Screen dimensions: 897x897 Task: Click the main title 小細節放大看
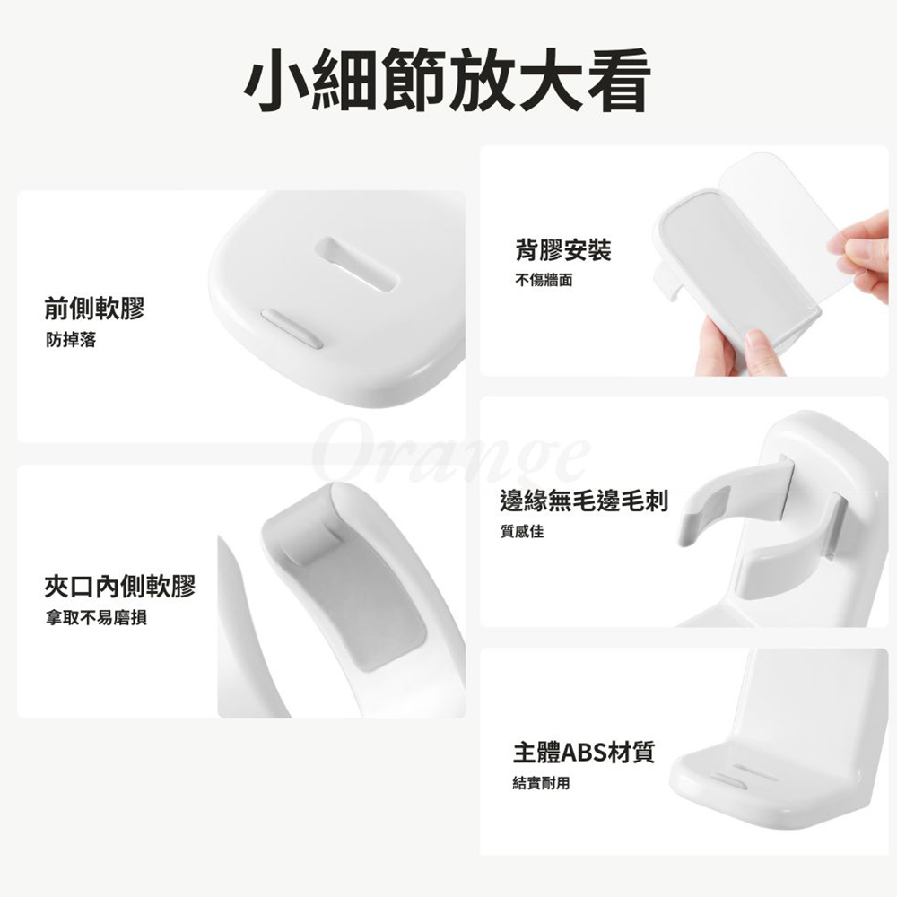(448, 80)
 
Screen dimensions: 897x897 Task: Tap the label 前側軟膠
(95, 309)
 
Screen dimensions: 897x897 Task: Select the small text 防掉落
(71, 340)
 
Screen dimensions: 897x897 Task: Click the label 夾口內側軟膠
(120, 587)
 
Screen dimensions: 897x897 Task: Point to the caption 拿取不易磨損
(96, 618)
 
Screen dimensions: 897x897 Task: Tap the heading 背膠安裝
(563, 250)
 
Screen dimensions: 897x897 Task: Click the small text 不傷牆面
(544, 280)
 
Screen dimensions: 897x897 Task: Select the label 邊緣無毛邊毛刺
(584, 501)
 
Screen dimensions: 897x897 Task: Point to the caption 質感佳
(522, 531)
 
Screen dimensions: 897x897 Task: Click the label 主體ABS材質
(584, 753)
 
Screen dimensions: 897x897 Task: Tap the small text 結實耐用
(541, 782)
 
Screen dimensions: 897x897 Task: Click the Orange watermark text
(452, 452)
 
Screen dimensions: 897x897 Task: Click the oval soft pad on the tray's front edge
(292, 328)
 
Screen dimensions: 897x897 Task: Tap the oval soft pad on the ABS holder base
(726, 780)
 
